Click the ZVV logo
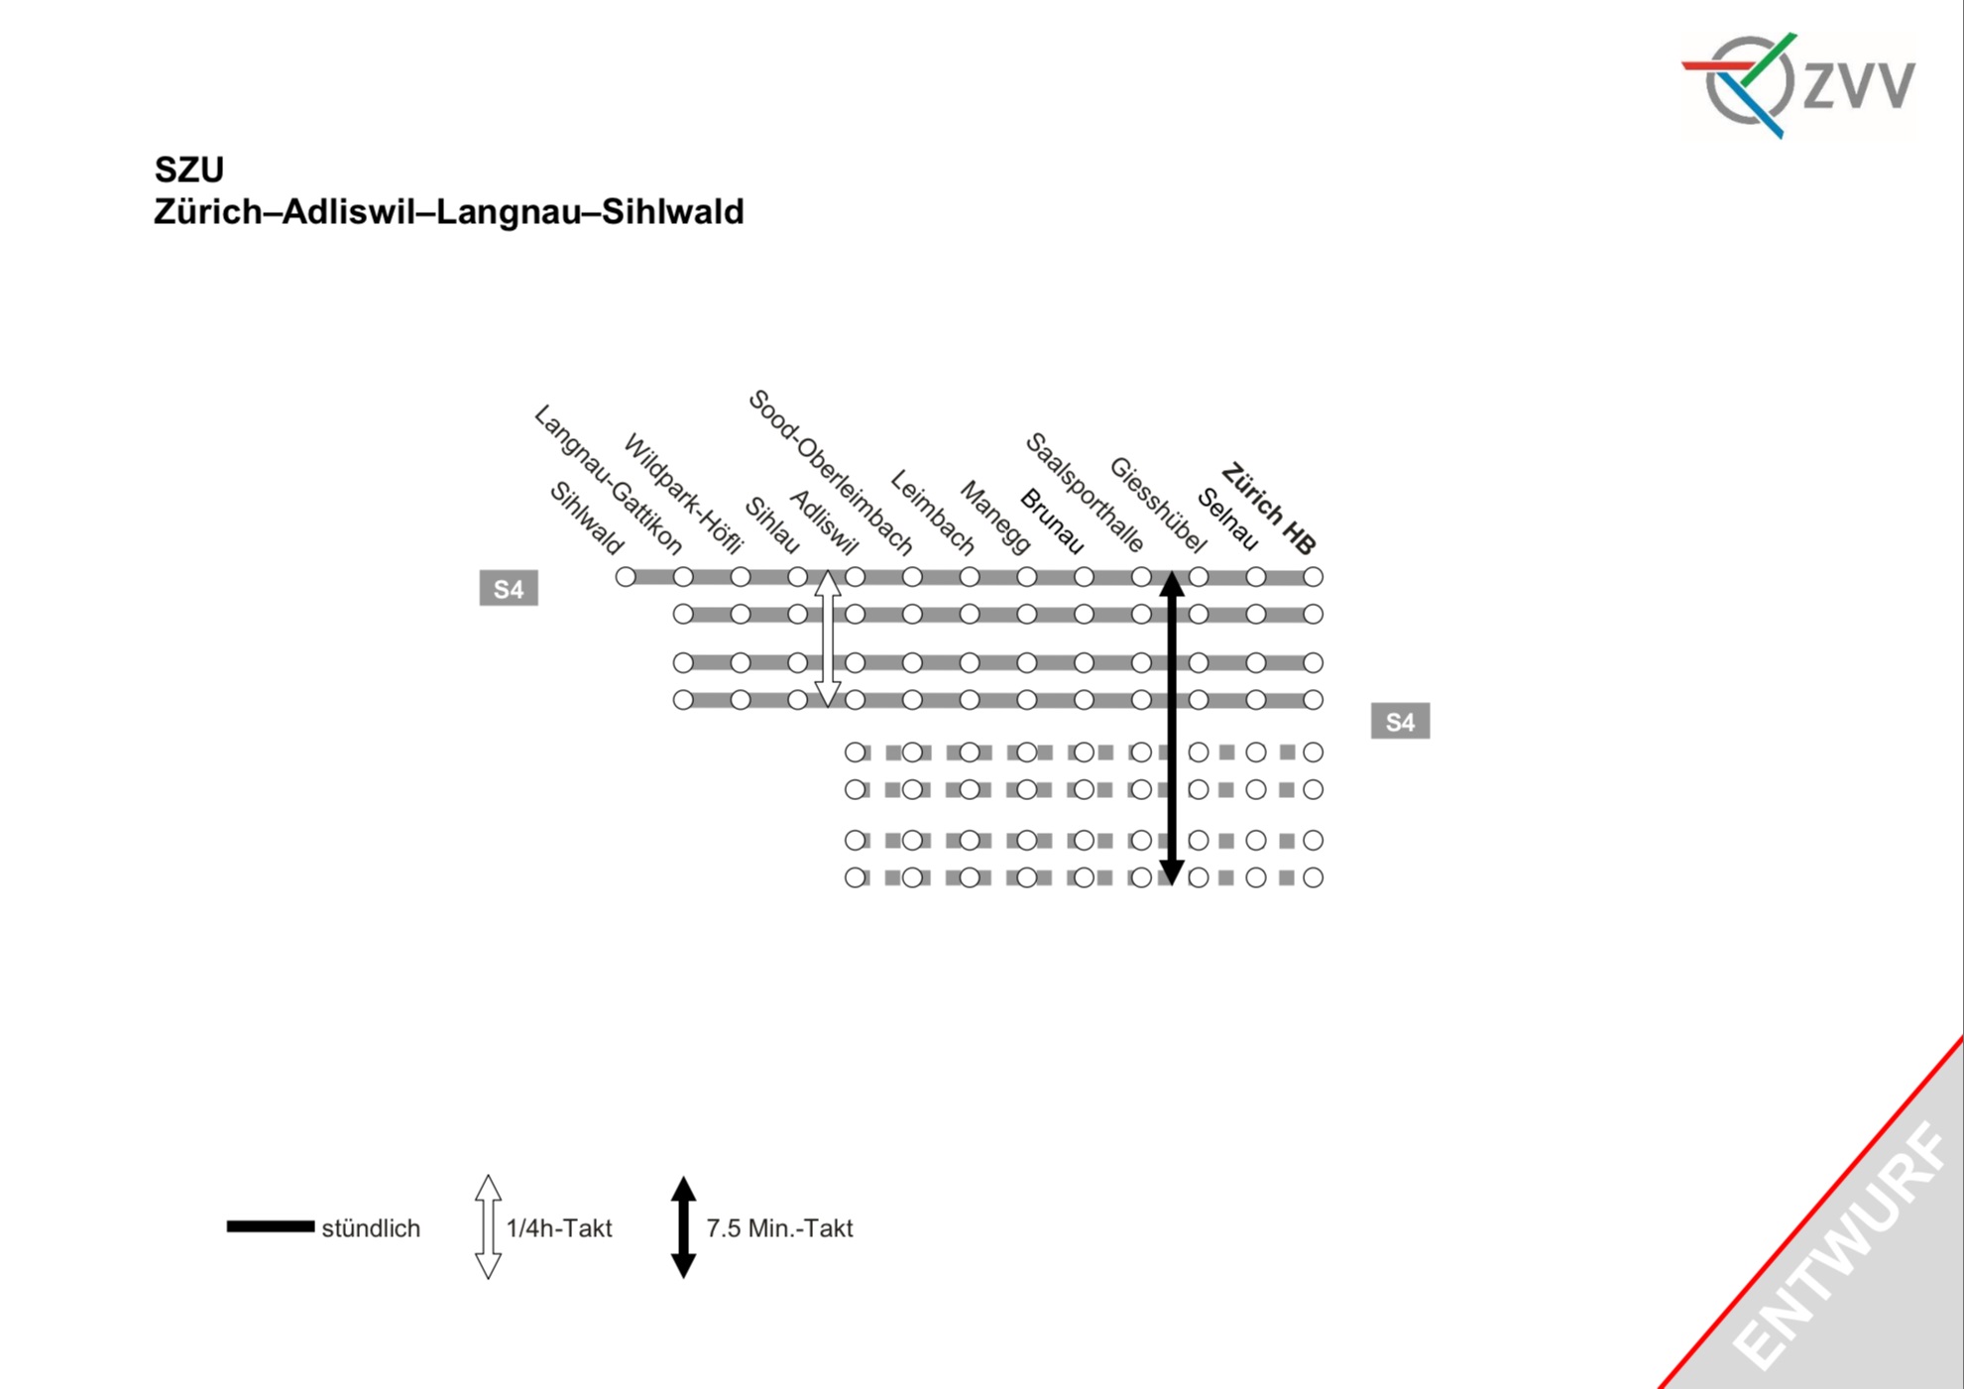coord(1799,84)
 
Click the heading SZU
coord(189,170)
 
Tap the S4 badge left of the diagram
coord(509,589)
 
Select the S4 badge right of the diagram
coord(1400,722)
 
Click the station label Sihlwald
coord(587,519)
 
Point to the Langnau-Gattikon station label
coord(608,480)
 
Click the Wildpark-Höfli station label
coord(683,494)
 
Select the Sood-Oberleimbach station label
coord(830,472)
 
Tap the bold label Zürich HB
coord(1268,509)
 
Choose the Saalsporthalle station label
coord(1085,492)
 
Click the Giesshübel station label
coord(1158,505)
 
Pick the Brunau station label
coord(1052,521)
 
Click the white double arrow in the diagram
coord(828,638)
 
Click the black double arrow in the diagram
coord(1172,728)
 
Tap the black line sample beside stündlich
coord(270,1227)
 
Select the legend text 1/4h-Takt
coord(559,1228)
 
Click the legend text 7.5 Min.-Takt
coord(779,1228)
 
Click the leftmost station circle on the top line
coord(626,577)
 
